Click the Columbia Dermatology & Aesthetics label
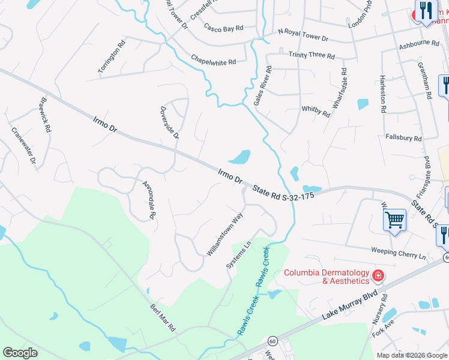[326, 277]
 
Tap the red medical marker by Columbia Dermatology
[378, 277]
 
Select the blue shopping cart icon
[395, 220]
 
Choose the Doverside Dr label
[169, 122]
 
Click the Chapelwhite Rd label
[214, 61]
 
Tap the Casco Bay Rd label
[223, 28]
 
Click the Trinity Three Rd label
[312, 55]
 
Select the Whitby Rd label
[316, 112]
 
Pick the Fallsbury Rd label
[403, 138]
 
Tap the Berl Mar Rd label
[162, 317]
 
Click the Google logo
[20, 353]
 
